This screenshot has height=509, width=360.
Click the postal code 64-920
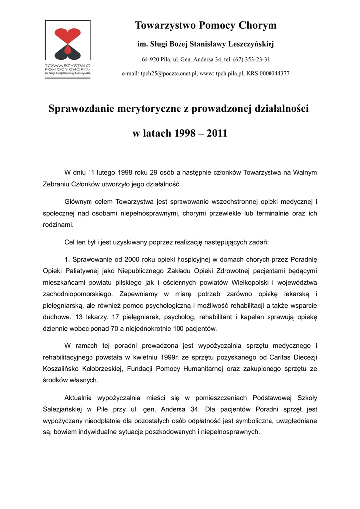[151, 59]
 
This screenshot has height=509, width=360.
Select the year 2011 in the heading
[217, 134]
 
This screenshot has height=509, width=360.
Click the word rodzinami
[58, 225]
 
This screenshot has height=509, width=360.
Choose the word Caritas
[280, 357]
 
